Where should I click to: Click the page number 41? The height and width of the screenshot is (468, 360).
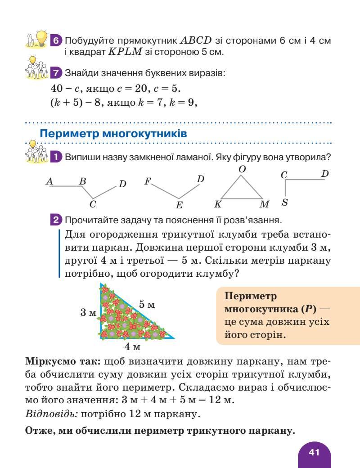pyautogui.click(x=314, y=452)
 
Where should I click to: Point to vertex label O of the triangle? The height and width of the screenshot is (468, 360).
pyautogui.click(x=242, y=169)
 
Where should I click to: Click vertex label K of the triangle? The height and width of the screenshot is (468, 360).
pyautogui.click(x=218, y=204)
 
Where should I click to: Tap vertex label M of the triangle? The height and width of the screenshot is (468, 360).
pyautogui.click(x=265, y=204)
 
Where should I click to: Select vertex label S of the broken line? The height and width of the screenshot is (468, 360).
pyautogui.click(x=284, y=202)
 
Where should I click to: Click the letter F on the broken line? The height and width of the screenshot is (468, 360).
pyautogui.click(x=147, y=181)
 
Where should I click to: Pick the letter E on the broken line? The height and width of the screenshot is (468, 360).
pyautogui.click(x=179, y=205)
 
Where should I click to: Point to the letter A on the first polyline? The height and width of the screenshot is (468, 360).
pyautogui.click(x=50, y=181)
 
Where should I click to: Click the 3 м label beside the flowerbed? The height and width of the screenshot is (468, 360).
pyautogui.click(x=89, y=312)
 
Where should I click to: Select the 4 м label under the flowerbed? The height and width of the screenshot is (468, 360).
pyautogui.click(x=132, y=347)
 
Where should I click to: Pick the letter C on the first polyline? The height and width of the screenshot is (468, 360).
pyautogui.click(x=93, y=204)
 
